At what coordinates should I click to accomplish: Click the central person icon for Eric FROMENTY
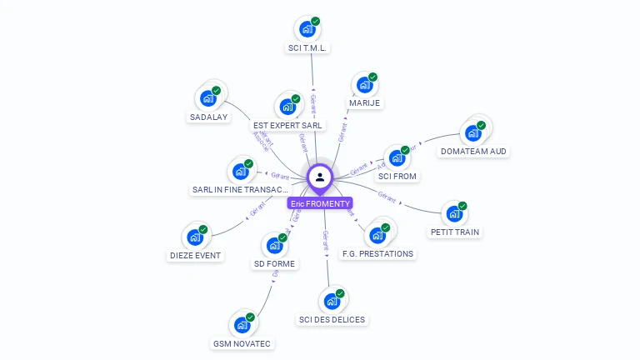tap(320, 177)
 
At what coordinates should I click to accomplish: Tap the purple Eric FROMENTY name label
tap(320, 203)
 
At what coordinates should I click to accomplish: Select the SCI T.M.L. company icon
tap(307, 29)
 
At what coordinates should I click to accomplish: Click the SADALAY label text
tap(208, 117)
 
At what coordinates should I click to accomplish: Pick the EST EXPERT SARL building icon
tap(287, 107)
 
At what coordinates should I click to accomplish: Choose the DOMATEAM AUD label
tap(473, 152)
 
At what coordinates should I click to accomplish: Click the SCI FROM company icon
tap(397, 158)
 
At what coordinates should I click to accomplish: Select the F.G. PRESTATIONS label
tap(377, 253)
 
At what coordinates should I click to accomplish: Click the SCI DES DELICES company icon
tap(332, 300)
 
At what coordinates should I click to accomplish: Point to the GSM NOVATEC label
tap(242, 343)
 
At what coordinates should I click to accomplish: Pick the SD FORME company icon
tap(274, 246)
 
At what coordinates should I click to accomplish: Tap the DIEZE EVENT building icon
tap(195, 237)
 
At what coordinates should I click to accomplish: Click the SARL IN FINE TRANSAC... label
tap(241, 190)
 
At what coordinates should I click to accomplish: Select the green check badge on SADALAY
tap(217, 90)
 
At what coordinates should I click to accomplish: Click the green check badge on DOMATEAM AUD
tap(481, 125)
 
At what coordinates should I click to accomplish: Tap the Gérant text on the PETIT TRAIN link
tap(387, 197)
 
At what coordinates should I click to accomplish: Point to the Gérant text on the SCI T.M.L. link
tap(312, 103)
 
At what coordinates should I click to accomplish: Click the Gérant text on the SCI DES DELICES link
tap(325, 242)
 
